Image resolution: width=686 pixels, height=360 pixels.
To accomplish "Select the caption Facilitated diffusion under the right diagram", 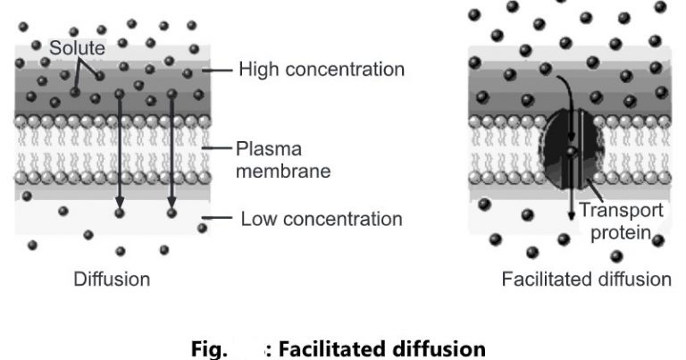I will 586,280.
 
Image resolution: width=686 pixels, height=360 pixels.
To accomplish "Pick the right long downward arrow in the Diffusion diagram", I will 171,152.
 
